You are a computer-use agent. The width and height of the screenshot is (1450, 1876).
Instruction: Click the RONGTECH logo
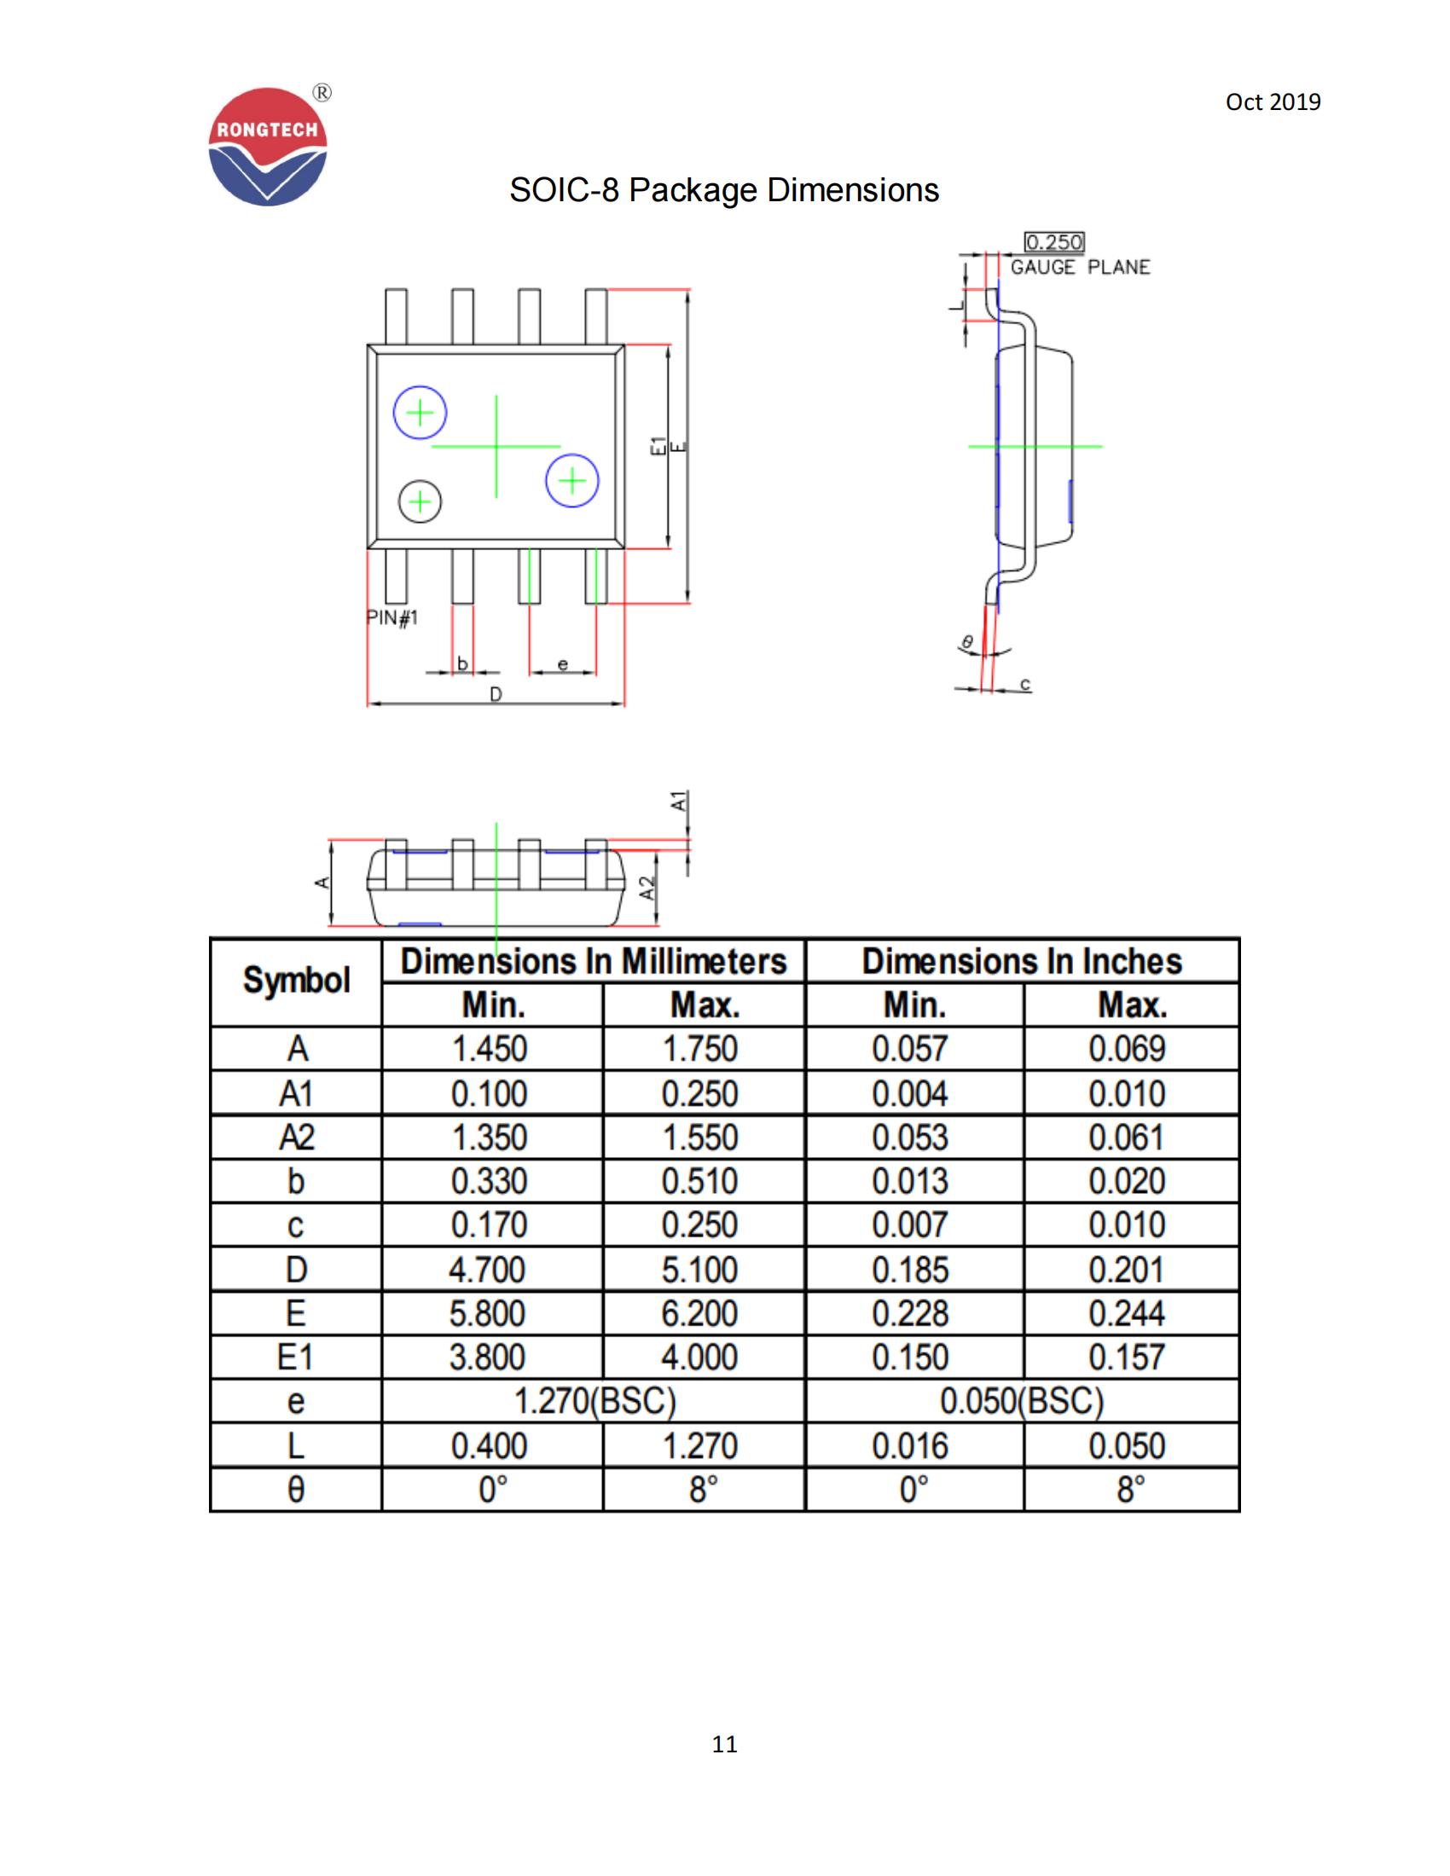[x=268, y=147]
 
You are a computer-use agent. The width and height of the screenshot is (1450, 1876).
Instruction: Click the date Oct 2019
[x=1273, y=102]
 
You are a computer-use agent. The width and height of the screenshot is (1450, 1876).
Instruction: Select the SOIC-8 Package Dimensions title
[x=723, y=190]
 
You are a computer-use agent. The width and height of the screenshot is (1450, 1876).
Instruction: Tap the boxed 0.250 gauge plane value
[x=1053, y=242]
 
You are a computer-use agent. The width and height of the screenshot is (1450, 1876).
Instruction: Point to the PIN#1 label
[x=392, y=617]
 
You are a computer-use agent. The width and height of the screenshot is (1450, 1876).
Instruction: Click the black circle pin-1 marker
[x=420, y=501]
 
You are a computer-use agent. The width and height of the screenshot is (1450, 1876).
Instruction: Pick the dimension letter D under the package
[x=496, y=694]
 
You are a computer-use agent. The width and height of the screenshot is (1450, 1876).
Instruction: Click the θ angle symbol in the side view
[x=967, y=641]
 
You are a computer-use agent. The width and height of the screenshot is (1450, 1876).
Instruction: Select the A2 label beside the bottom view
[x=648, y=888]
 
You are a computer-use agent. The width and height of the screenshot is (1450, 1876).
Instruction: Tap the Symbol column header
[x=296, y=981]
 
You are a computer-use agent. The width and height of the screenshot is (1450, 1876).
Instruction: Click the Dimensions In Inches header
[x=1021, y=961]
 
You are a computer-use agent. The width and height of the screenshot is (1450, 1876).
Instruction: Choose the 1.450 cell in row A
[x=490, y=1049]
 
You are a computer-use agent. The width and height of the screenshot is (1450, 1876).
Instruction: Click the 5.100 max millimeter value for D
[x=699, y=1270]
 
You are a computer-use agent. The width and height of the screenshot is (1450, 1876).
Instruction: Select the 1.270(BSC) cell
[x=594, y=1401]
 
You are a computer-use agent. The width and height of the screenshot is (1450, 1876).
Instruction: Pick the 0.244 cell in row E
[x=1126, y=1313]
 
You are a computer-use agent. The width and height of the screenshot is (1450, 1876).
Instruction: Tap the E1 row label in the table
[x=295, y=1358]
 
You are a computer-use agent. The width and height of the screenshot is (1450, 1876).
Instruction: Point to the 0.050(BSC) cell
[x=1020, y=1401]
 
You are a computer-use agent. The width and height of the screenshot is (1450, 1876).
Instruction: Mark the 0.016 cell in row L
[x=910, y=1445]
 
